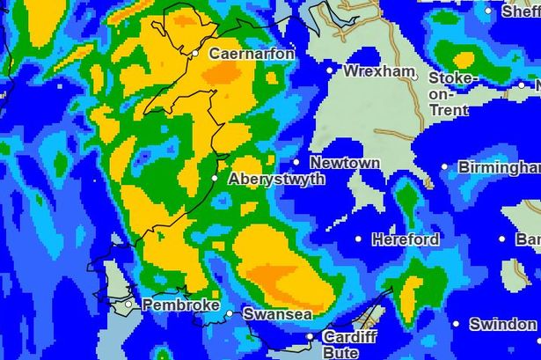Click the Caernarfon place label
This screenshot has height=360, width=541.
(252, 54)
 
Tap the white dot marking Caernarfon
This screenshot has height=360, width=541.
(196, 54)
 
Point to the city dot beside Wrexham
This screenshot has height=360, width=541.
(331, 70)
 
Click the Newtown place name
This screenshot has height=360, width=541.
(345, 163)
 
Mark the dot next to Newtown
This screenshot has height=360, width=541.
(296, 162)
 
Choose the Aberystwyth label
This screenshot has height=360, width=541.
(276, 179)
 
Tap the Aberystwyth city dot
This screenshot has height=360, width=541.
(215, 178)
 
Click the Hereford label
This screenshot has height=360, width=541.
(406, 239)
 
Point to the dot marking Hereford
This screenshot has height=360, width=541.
(358, 239)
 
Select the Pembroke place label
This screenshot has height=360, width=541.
(180, 305)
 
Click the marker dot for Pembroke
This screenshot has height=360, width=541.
(128, 305)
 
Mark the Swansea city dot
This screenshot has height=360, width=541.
(230, 312)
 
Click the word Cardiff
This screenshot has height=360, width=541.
(349, 337)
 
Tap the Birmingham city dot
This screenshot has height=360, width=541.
(444, 167)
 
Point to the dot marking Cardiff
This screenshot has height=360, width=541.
(310, 336)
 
